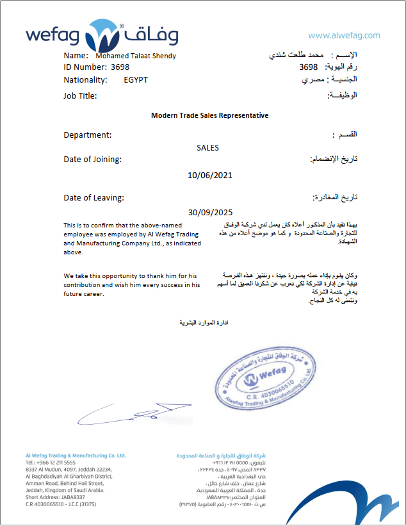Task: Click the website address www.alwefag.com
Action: [344, 36]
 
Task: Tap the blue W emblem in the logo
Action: [102, 35]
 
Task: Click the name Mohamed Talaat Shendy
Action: [135, 56]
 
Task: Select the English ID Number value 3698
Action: [120, 67]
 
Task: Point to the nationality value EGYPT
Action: [136, 80]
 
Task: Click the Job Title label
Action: [80, 95]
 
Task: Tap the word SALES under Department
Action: [207, 148]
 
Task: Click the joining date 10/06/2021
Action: [210, 175]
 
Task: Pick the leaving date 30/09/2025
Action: [210, 212]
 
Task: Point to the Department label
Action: [88, 135]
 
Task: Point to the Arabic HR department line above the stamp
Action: [203, 323]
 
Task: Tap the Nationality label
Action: [86, 80]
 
